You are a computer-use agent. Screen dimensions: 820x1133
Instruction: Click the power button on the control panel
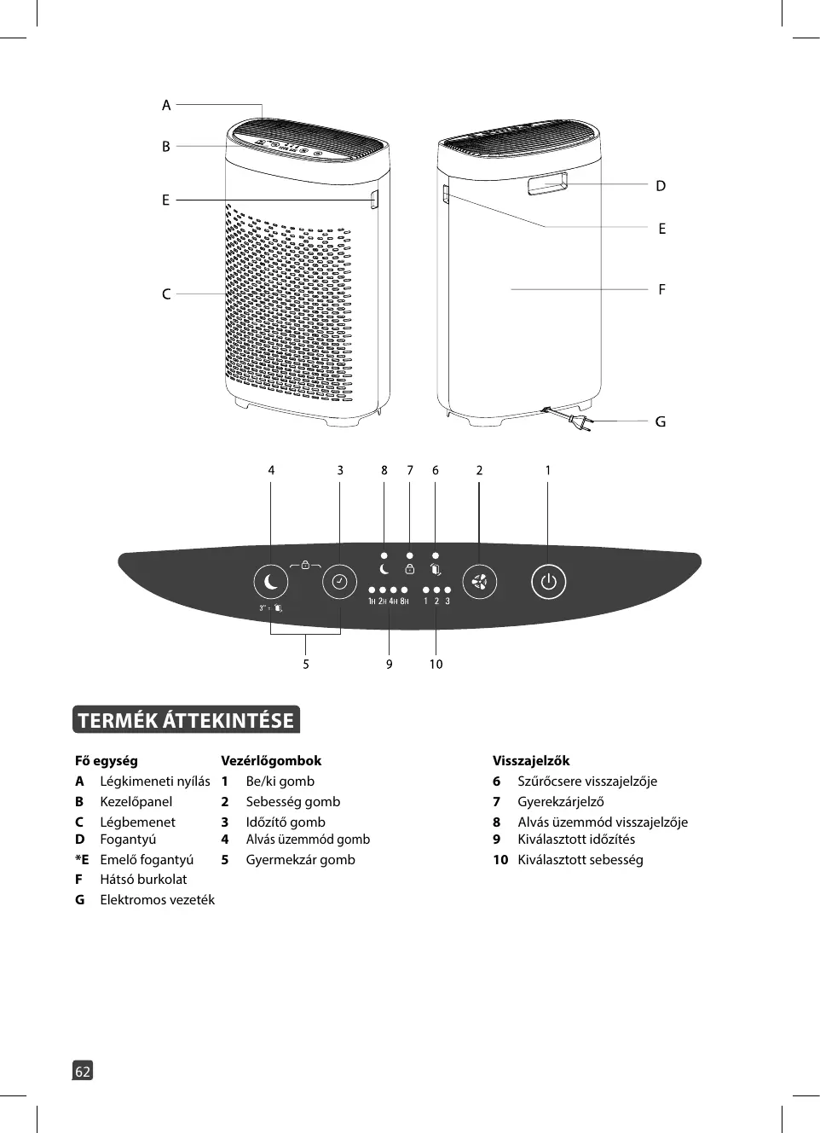(x=548, y=582)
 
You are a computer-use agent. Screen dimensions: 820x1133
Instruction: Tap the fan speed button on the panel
(x=479, y=582)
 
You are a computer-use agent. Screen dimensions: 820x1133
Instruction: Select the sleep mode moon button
(x=271, y=582)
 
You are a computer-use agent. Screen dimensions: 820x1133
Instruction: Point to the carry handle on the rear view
(x=547, y=183)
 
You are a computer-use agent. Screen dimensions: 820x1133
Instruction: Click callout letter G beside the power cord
(x=661, y=421)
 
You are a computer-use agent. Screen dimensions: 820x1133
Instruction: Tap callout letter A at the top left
(x=166, y=105)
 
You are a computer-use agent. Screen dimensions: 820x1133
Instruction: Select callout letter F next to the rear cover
(x=661, y=289)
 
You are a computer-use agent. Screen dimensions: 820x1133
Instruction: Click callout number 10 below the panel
(x=436, y=664)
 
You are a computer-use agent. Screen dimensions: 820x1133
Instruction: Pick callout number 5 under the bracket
(x=306, y=664)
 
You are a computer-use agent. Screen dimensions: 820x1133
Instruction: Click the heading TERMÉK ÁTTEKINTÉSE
(x=186, y=720)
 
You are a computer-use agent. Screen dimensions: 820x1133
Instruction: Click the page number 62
(x=83, y=1071)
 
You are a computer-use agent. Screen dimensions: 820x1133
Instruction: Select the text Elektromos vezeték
(x=157, y=899)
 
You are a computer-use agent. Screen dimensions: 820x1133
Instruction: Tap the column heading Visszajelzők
(x=531, y=760)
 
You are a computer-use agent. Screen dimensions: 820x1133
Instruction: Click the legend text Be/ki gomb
(x=280, y=781)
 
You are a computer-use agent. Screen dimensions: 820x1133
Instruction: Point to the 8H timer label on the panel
(x=404, y=601)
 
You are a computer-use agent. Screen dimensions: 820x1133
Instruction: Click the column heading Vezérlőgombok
(x=271, y=760)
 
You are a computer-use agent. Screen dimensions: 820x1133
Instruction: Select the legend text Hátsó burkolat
(x=143, y=879)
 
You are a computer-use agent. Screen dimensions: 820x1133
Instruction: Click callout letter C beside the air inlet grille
(x=166, y=293)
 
